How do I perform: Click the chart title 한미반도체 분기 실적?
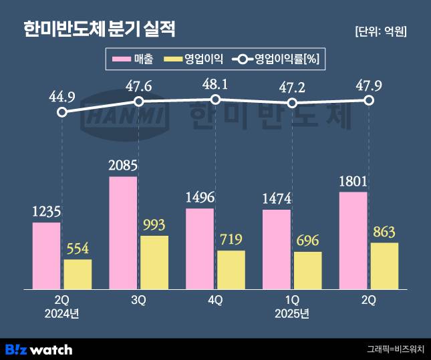click(100, 29)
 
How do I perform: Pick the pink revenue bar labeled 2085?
click(122, 232)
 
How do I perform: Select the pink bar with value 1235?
click(46, 255)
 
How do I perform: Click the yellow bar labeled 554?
click(78, 274)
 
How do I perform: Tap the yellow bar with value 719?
click(231, 269)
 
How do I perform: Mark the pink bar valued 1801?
click(353, 240)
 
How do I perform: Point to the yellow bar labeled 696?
click(307, 270)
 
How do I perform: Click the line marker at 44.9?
click(62, 112)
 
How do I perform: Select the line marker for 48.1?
click(215, 100)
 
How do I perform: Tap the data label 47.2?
click(291, 87)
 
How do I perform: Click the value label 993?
click(154, 224)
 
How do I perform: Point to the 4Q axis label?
click(215, 301)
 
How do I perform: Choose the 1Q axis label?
click(291, 301)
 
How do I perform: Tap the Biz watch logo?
click(39, 349)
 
